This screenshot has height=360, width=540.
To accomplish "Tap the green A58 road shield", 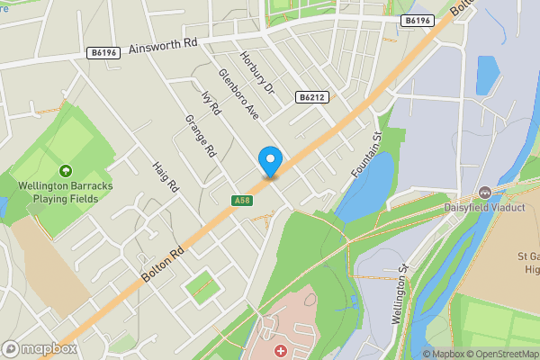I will pyautogui.click(x=239, y=200).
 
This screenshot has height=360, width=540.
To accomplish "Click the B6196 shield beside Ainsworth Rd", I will pyautogui.click(x=104, y=54).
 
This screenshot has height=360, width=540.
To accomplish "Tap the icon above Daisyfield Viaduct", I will pyautogui.click(x=485, y=192).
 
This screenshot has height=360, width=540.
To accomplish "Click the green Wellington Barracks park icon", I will pyautogui.click(x=65, y=170).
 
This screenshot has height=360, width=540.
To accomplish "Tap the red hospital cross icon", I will pyautogui.click(x=281, y=349).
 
